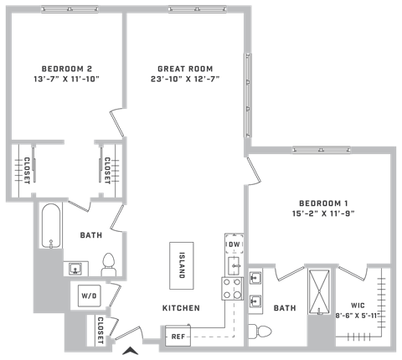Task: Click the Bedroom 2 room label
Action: pyautogui.click(x=67, y=69)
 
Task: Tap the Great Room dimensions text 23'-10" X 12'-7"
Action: pyautogui.click(x=185, y=79)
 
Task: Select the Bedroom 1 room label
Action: pyautogui.click(x=323, y=203)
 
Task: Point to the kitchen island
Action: pyautogui.click(x=182, y=265)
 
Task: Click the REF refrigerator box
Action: pyautogui.click(x=178, y=336)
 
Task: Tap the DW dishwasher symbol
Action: pyautogui.click(x=234, y=244)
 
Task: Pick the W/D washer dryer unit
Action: pyautogui.click(x=89, y=296)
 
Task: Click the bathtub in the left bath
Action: pyautogui.click(x=51, y=226)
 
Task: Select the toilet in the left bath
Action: pyautogui.click(x=109, y=265)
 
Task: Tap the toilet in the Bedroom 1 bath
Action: pyautogui.click(x=260, y=332)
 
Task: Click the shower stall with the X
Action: pyautogui.click(x=319, y=291)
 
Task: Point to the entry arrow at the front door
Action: pyautogui.click(x=131, y=351)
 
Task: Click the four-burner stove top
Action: pyautogui.click(x=232, y=288)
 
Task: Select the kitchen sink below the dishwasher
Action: pyautogui.click(x=234, y=265)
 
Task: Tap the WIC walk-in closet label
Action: pyautogui.click(x=358, y=306)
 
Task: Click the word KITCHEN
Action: pyautogui.click(x=181, y=308)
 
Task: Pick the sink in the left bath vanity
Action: pyautogui.click(x=75, y=269)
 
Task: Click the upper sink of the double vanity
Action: pyautogui.click(x=255, y=278)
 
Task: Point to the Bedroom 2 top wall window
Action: pyautogui.click(x=70, y=9)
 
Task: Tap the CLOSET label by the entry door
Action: pyautogui.click(x=100, y=331)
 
